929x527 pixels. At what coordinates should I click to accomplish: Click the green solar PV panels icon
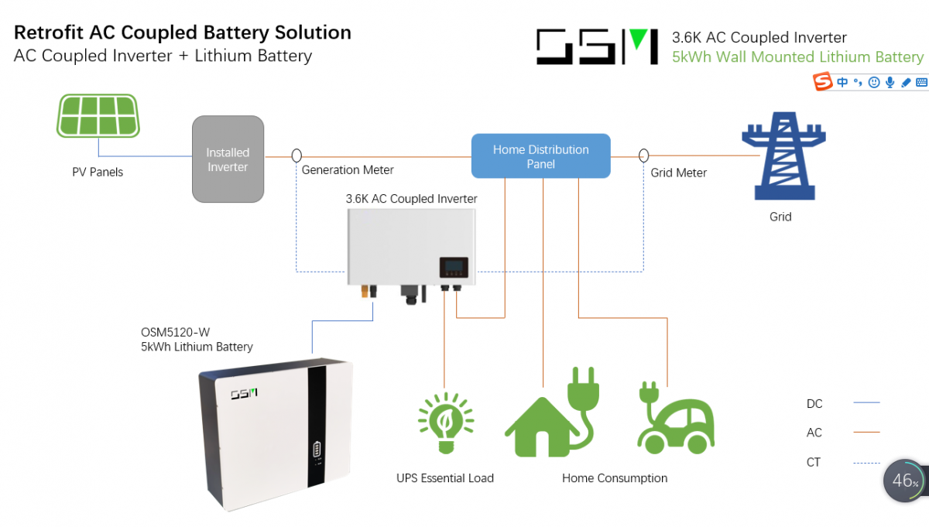pyautogui.click(x=98, y=115)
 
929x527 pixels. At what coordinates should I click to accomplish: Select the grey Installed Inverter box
pyautogui.click(x=228, y=159)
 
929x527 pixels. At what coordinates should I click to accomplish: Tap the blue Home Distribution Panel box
pyautogui.click(x=540, y=156)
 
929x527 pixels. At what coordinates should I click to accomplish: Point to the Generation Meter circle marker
pyautogui.click(x=297, y=156)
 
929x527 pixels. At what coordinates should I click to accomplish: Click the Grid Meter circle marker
pyautogui.click(x=643, y=156)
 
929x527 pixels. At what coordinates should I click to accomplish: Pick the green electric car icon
pyautogui.click(x=675, y=418)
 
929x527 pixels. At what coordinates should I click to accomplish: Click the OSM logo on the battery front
pyautogui.click(x=245, y=394)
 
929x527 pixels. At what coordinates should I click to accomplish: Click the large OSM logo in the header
pyautogui.click(x=597, y=47)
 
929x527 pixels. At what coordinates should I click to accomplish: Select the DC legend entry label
pyautogui.click(x=814, y=403)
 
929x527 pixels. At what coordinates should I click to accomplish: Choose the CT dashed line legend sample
pyautogui.click(x=866, y=463)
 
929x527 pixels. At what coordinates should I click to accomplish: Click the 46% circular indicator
pyautogui.click(x=903, y=481)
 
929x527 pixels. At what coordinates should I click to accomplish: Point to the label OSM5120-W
pyautogui.click(x=176, y=332)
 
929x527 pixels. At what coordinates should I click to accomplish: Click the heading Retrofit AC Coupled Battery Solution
pyautogui.click(x=183, y=33)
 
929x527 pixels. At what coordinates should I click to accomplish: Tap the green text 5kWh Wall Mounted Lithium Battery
pyautogui.click(x=797, y=57)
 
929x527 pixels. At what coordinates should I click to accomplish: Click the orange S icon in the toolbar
pyautogui.click(x=823, y=82)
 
